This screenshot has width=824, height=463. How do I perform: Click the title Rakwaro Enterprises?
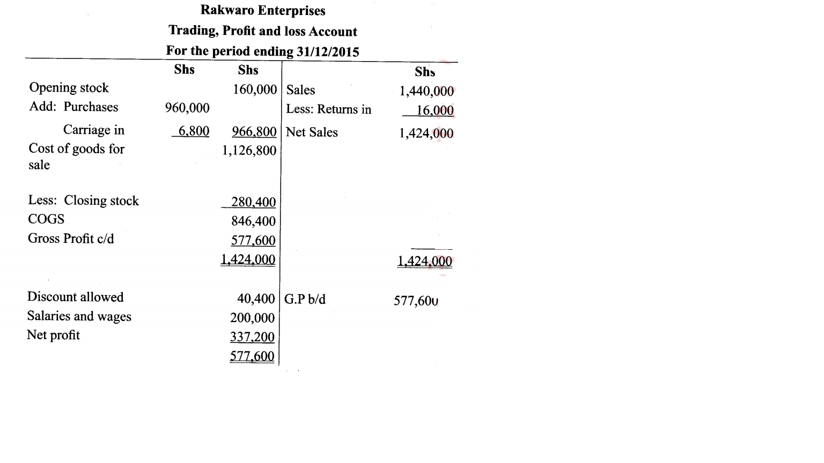coord(263,11)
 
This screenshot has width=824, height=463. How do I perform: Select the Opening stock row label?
coord(69,88)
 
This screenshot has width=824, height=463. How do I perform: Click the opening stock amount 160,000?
coord(255,89)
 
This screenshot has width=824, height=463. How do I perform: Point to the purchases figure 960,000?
coord(187,108)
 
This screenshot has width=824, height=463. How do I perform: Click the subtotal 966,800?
coord(254,132)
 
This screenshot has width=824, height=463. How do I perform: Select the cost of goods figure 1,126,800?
coord(249,151)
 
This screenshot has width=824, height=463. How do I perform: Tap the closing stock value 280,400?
coord(253,202)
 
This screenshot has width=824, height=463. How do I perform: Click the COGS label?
coord(46,219)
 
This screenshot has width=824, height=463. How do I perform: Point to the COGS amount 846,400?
coord(253,221)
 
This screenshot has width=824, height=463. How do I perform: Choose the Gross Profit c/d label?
coord(71,238)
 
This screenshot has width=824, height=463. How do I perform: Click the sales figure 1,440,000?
coord(426,92)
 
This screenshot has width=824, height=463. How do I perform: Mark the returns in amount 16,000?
coord(435,111)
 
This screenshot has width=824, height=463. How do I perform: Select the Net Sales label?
coord(312,132)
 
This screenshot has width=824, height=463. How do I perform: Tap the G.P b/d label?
coord(305,299)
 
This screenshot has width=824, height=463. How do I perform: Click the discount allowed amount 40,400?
coord(256,298)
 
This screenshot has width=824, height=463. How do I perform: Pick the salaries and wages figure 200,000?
coord(252,318)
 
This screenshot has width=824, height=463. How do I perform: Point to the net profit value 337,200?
coord(252,337)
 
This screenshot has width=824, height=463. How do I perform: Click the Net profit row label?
coord(53,335)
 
